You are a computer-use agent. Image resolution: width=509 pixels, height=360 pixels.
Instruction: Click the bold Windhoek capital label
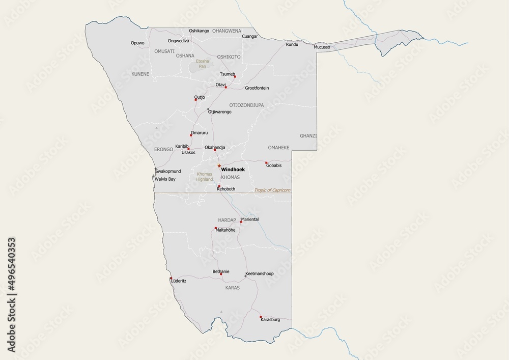click(233, 169)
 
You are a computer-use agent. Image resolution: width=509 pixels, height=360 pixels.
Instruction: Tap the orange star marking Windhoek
click(219, 165)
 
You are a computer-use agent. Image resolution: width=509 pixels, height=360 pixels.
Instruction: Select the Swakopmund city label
click(168, 172)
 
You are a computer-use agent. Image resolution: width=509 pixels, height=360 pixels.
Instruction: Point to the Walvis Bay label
click(165, 179)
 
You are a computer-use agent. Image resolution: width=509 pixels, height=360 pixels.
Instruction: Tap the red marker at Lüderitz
click(171, 279)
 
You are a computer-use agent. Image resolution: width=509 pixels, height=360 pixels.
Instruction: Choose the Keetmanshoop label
click(260, 273)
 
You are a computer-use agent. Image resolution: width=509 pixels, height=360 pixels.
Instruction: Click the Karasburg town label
click(270, 320)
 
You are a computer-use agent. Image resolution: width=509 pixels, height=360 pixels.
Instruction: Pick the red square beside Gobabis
click(266, 163)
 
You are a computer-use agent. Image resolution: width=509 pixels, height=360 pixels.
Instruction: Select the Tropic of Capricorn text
click(272, 190)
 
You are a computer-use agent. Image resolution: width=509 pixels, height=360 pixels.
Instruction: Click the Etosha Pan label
click(203, 64)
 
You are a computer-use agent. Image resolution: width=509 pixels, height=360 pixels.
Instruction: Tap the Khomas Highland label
click(205, 177)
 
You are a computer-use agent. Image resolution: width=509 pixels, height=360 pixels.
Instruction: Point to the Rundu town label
click(292, 45)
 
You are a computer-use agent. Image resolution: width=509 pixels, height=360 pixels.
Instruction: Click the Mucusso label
click(322, 47)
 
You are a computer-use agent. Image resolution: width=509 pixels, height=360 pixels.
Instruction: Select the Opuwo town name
click(137, 43)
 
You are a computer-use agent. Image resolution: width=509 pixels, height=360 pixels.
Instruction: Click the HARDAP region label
click(227, 220)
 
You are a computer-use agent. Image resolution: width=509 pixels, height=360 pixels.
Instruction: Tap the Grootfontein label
click(257, 88)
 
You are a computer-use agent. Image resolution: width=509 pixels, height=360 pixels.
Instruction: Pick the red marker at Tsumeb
click(235, 76)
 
